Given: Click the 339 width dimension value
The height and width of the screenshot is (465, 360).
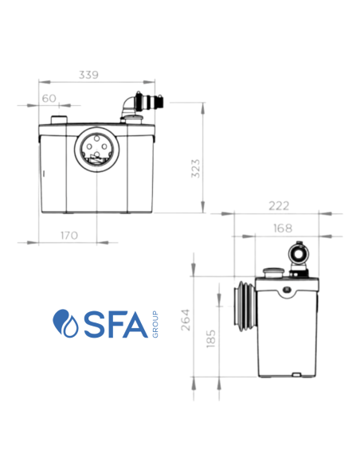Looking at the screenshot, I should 88,75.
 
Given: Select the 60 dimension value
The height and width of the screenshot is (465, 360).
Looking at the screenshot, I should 49,99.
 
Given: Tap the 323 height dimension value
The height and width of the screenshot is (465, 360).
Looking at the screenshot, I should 196,168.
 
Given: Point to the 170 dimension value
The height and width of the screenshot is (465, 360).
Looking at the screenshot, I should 68,235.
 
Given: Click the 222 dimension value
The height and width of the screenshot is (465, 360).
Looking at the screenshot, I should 278,206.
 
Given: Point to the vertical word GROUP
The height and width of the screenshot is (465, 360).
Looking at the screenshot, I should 155,323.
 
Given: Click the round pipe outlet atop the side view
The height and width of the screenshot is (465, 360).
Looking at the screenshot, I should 299,254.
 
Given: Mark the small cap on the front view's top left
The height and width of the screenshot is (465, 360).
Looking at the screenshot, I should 58,121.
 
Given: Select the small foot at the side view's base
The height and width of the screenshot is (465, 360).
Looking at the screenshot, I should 295,374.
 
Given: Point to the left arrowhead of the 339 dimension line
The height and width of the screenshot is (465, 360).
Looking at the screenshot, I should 42,82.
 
